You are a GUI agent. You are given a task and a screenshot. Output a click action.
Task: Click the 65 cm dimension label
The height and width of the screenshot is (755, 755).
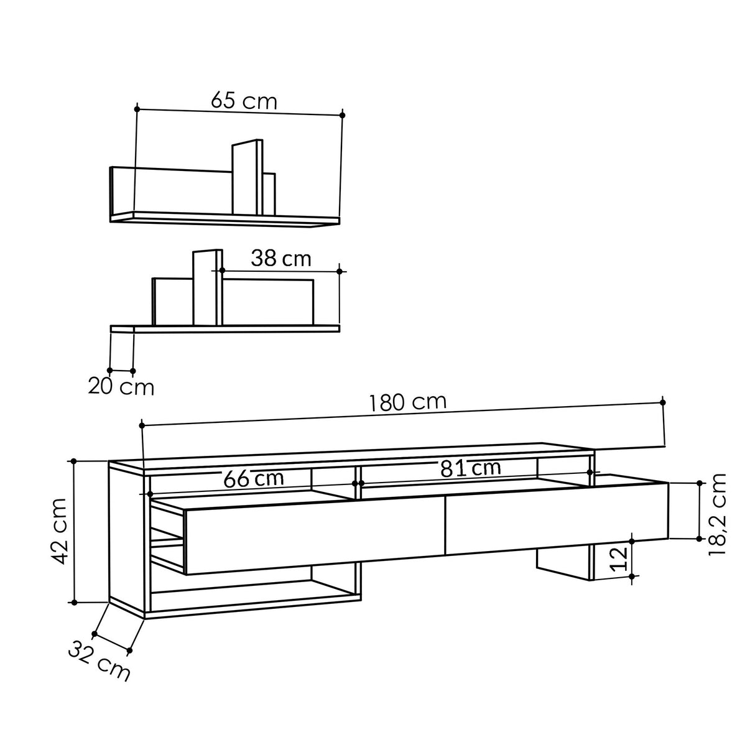tap(243, 101)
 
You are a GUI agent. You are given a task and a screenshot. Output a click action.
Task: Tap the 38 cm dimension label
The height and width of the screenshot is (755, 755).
tap(280, 259)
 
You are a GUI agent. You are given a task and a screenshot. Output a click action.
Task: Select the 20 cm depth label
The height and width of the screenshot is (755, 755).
tap(121, 387)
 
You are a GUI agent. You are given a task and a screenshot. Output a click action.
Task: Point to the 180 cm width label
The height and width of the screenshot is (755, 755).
tap(407, 403)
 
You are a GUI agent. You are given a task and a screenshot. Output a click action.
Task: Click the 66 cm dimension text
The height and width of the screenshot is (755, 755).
tap(253, 479)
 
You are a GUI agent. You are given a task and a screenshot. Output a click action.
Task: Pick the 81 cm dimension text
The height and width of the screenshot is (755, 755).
tap(470, 468)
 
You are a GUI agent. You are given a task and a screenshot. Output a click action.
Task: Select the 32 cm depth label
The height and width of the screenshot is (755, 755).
tap(100, 662)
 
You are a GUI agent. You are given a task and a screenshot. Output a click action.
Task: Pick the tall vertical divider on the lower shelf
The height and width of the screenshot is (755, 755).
tap(207, 288)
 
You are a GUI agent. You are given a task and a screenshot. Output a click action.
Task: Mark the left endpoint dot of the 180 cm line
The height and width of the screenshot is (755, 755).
tap(142, 425)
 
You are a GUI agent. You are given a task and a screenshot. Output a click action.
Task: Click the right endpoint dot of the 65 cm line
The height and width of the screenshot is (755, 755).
tap(342, 115)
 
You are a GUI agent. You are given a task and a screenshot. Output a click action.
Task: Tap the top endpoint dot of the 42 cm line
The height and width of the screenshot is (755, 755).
tap(74, 461)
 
